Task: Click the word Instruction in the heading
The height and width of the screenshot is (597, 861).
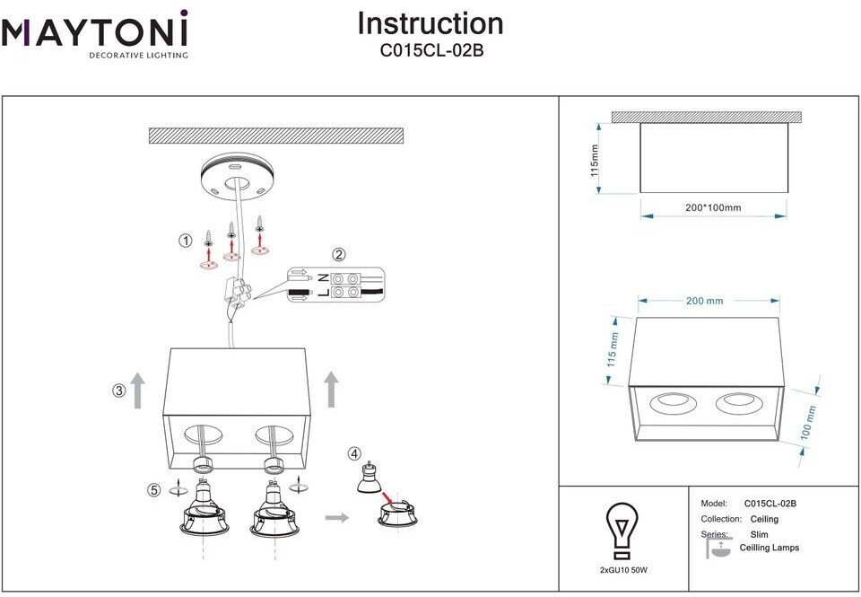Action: point(430,23)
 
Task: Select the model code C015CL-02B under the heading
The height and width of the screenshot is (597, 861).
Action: point(430,51)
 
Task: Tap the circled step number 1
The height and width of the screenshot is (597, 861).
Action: point(186,241)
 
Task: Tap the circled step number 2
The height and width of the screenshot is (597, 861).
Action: point(338,254)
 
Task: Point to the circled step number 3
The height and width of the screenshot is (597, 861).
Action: point(118,391)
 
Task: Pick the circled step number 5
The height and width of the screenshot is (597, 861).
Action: point(154,490)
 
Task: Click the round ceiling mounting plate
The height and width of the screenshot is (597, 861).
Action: point(236,176)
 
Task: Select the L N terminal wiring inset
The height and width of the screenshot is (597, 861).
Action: point(335,285)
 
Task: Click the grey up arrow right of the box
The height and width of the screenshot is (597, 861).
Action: point(331,390)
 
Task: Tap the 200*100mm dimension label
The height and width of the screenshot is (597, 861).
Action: point(713,208)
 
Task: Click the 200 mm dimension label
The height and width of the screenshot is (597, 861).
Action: point(704,301)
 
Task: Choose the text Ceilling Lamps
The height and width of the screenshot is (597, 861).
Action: point(769,548)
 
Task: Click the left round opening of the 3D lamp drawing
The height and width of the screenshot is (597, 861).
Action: point(668,403)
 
